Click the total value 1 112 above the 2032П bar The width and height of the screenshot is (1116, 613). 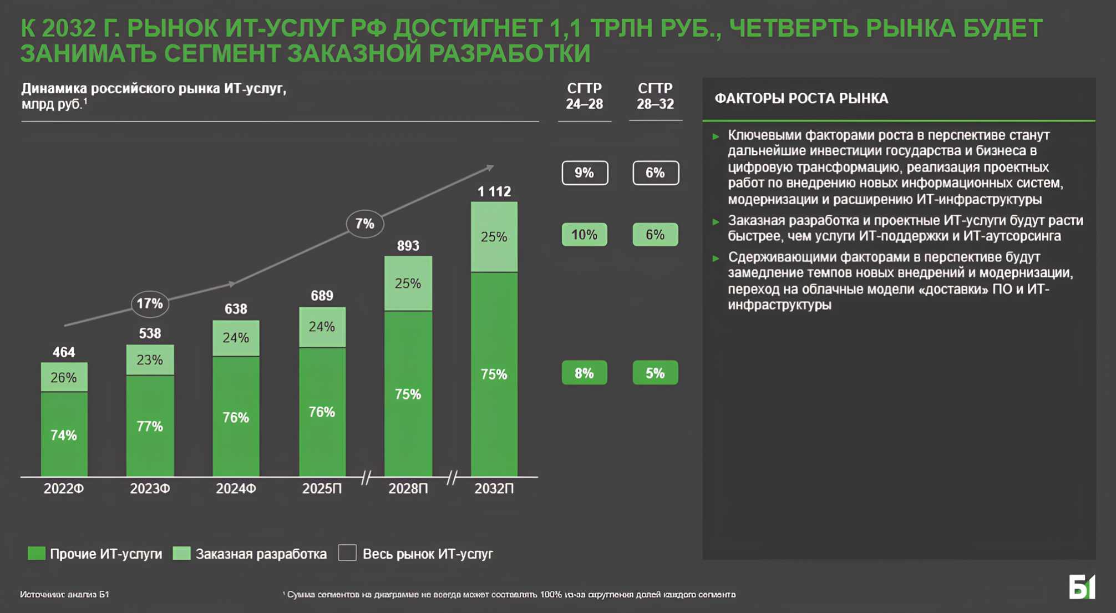click(x=494, y=192)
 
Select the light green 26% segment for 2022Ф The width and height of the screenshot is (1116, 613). click(x=64, y=377)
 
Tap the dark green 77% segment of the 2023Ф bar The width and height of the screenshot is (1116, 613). click(x=150, y=426)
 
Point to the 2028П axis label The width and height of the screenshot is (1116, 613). click(x=408, y=489)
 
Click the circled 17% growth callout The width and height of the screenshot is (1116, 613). click(x=150, y=303)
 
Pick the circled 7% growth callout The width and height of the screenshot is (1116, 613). click(x=364, y=224)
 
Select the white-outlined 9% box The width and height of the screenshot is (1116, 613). click(x=585, y=173)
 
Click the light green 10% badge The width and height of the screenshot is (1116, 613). click(x=585, y=235)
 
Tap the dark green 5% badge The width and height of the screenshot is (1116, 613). click(x=655, y=373)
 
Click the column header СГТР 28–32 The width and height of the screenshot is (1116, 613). click(x=655, y=96)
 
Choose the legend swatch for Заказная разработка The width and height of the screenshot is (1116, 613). click(x=181, y=553)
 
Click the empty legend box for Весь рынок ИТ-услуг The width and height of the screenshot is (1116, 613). click(x=347, y=553)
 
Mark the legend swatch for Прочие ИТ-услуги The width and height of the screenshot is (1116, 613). click(x=37, y=553)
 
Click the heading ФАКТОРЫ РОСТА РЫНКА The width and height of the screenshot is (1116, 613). click(x=802, y=99)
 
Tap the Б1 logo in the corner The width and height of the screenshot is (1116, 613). click(x=1082, y=587)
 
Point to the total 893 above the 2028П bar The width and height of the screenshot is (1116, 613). click(x=408, y=246)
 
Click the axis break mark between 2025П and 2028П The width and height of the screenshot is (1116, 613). click(x=366, y=477)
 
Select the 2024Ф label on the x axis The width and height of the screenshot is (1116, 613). click(x=236, y=489)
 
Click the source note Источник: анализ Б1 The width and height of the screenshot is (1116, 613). click(x=64, y=594)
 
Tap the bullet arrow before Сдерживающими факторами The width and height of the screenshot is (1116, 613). click(x=716, y=258)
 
